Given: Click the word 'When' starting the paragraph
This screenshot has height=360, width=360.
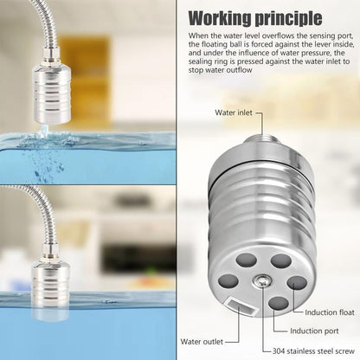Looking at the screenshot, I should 199,35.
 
